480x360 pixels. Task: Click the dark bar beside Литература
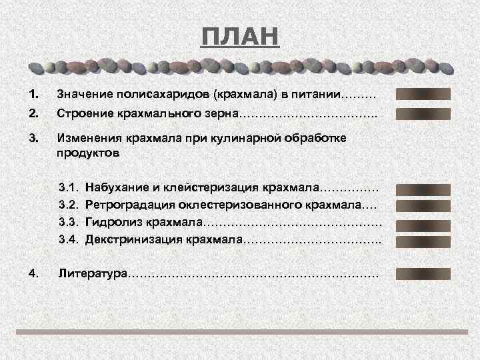pos(423,273)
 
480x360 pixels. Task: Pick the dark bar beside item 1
pos(423,94)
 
